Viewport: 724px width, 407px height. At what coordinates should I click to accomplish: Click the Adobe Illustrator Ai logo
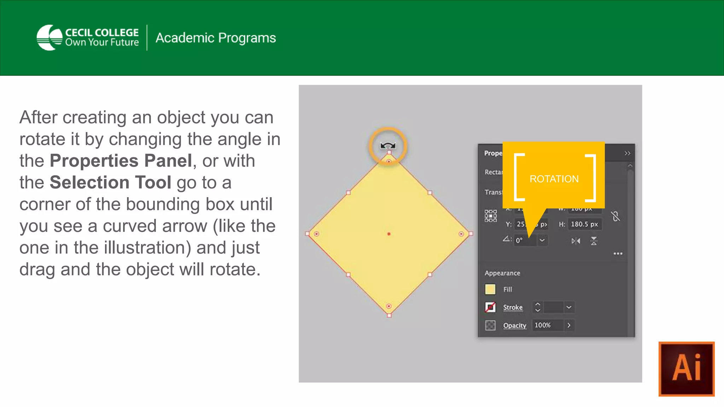(686, 369)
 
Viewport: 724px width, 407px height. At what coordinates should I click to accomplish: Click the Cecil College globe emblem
(49, 37)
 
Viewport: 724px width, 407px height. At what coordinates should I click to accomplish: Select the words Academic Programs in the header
(216, 38)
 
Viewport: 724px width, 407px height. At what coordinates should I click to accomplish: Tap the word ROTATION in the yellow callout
(554, 179)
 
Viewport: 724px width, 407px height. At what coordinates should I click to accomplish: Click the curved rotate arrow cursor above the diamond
(388, 146)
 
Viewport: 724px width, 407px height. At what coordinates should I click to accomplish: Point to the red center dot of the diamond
(389, 234)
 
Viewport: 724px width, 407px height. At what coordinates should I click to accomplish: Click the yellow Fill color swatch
(490, 289)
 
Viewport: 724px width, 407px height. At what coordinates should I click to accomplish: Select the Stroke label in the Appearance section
(513, 307)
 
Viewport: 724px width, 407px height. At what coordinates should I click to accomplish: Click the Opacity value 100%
(543, 325)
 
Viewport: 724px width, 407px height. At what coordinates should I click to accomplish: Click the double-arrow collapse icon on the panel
(627, 153)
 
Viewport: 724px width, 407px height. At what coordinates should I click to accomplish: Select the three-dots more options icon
(618, 254)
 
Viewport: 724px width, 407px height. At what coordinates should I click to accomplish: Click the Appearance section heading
(502, 273)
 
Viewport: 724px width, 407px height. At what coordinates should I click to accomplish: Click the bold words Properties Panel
(121, 161)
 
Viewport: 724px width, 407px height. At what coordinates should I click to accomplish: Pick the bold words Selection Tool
(110, 183)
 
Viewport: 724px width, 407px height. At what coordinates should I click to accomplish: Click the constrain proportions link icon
(615, 216)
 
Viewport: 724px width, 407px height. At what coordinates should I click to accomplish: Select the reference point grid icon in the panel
(490, 216)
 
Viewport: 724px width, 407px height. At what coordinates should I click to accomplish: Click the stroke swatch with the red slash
(490, 307)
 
